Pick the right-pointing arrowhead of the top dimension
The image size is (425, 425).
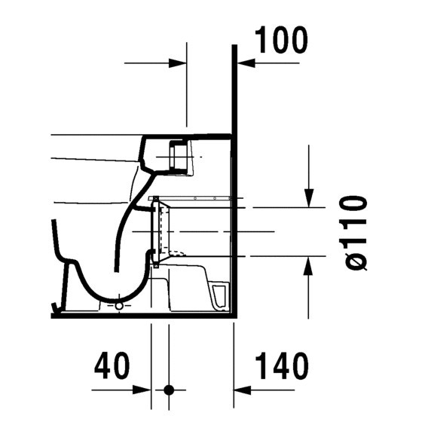click(x=179, y=64)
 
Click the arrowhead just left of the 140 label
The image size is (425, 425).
click(x=242, y=390)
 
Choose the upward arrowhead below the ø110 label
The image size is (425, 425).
click(x=309, y=264)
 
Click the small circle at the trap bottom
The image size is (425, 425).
click(x=118, y=307)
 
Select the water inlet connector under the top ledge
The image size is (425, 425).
click(x=179, y=156)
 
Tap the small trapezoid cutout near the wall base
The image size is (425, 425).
click(x=219, y=295)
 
